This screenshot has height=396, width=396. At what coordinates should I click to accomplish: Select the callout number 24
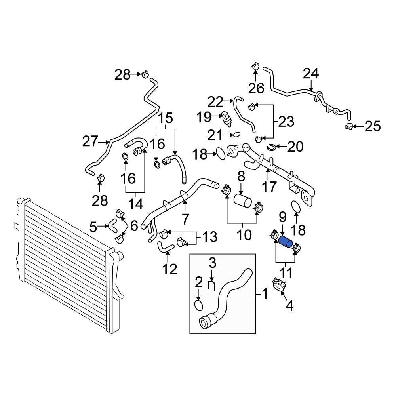(x=310, y=74)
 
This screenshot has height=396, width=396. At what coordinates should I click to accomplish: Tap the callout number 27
(x=90, y=141)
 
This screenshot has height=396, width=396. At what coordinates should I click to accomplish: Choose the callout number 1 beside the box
(x=265, y=294)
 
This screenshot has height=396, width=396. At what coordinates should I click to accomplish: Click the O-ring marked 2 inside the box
(x=199, y=305)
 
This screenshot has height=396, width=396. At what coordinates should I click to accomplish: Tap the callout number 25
(x=373, y=126)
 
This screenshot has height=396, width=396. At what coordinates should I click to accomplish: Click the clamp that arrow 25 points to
(x=349, y=126)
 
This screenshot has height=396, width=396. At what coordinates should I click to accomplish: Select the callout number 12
(x=170, y=269)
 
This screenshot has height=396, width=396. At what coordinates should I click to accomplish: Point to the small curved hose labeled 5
(x=112, y=226)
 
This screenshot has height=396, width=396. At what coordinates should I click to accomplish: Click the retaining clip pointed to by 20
(x=271, y=147)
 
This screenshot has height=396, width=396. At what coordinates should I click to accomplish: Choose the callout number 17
(x=269, y=187)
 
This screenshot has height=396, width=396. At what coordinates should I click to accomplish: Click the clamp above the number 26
(x=255, y=67)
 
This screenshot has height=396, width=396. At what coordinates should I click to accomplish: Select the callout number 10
(x=244, y=235)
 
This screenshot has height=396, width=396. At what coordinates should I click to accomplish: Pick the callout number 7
(x=185, y=219)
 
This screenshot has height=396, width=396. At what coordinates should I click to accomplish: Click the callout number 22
(x=215, y=102)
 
